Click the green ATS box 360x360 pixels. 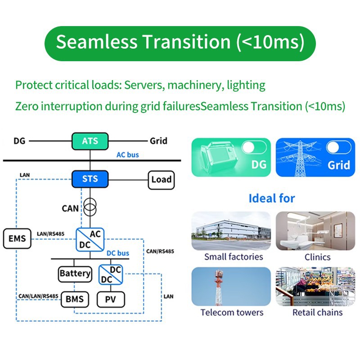pos(90,141)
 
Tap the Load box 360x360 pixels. pos(161,180)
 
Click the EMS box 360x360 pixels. pos(18,238)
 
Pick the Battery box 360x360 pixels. pos(75,273)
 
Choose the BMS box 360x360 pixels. pos(75,299)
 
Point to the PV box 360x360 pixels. pos(111,299)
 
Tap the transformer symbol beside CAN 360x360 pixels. pos(90,209)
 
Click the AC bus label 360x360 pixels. pos(128,155)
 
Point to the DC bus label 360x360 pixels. pos(118,253)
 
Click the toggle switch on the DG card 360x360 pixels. pos(253,148)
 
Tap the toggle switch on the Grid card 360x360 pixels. pos(338,148)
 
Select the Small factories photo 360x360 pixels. pos(231,231)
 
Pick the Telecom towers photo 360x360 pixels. pos(231,287)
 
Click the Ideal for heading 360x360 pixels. pos(272,198)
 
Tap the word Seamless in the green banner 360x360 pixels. pos(96,42)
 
